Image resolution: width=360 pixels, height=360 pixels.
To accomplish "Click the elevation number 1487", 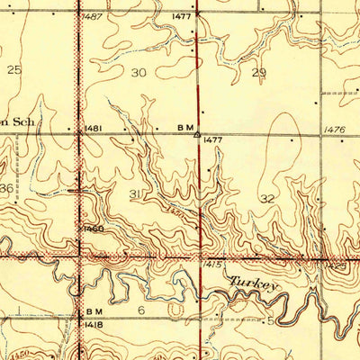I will coord(92,16).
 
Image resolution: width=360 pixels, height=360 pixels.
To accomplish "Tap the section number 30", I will coord(139,72).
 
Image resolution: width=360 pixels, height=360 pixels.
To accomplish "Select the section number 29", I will coord(260,72).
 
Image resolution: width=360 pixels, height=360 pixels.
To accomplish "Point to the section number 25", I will coord(13,69).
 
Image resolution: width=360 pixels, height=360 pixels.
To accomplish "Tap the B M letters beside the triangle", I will coord(184,129).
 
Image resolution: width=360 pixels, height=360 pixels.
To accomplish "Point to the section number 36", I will coord(6,188).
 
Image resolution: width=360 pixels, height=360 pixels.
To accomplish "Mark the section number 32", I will coord(266,198).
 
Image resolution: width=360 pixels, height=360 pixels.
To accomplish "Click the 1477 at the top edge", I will coord(183,16).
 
